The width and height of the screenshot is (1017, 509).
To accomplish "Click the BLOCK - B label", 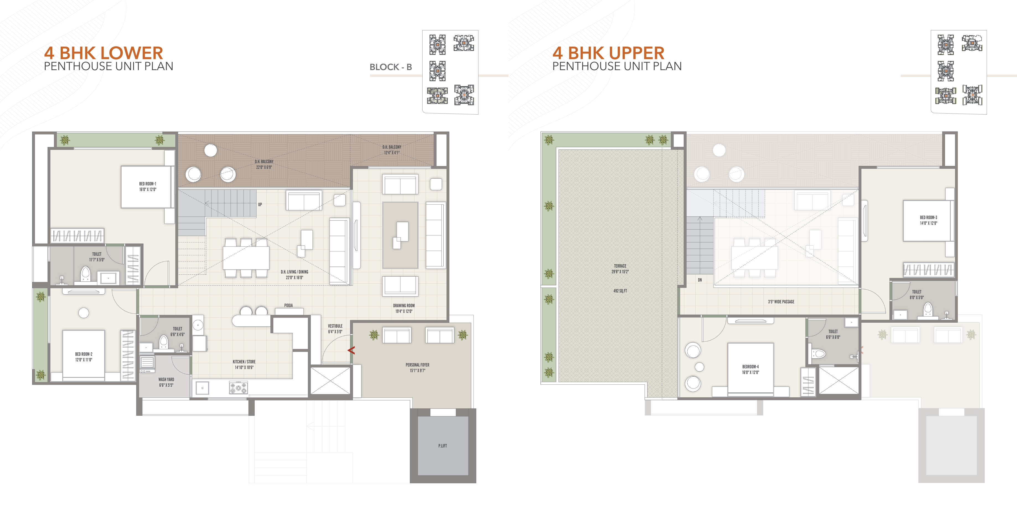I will (x=390, y=67).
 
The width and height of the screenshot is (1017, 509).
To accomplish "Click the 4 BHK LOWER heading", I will (x=103, y=53).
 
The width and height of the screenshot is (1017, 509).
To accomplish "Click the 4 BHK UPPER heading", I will (x=608, y=53).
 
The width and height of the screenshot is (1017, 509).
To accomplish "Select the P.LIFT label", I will (x=442, y=446).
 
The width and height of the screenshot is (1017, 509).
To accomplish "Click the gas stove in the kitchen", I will (x=239, y=388).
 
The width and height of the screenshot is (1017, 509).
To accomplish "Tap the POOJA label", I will (x=289, y=305).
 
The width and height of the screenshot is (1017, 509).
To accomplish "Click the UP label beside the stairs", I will (x=260, y=205).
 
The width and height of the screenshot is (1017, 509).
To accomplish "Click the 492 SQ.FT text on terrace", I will (x=620, y=291).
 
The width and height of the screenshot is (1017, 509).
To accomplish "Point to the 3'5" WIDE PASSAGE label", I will (x=781, y=302).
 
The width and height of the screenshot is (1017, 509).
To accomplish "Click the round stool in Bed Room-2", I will (x=84, y=313).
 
